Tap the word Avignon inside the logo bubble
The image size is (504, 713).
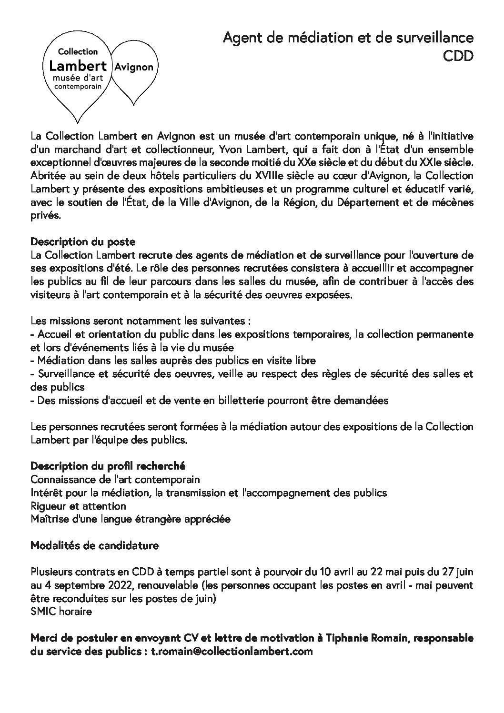[133, 67]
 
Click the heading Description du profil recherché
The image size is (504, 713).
[108, 465]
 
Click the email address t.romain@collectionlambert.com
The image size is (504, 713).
[232, 651]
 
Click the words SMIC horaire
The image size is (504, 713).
[61, 611]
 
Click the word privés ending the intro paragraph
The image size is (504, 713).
[45, 215]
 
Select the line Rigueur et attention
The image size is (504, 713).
[78, 506]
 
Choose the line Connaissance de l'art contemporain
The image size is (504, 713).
[115, 479]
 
